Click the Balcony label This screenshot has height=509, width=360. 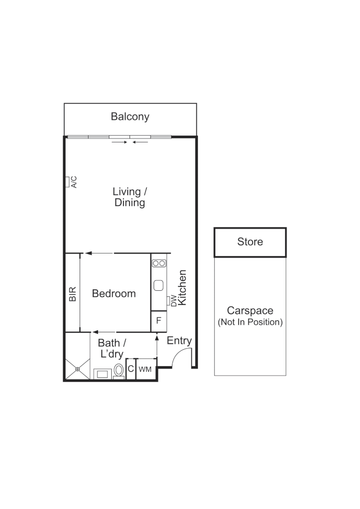pyautogui.click(x=130, y=116)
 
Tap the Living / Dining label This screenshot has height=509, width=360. pyautogui.click(x=130, y=197)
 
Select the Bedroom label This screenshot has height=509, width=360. pyautogui.click(x=114, y=293)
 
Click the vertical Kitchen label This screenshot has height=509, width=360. pyautogui.click(x=182, y=287)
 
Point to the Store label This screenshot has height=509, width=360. pyautogui.click(x=250, y=242)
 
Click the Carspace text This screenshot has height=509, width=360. pyautogui.click(x=250, y=311)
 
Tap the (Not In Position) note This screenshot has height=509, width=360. pyautogui.click(x=250, y=322)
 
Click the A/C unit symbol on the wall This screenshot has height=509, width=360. pyautogui.click(x=67, y=181)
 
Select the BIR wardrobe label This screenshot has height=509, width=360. pyautogui.click(x=73, y=293)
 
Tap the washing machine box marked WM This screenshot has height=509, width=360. pyautogui.click(x=145, y=369)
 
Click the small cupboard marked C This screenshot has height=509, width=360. pyautogui.click(x=131, y=369)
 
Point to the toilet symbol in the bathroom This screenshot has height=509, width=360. pyautogui.click(x=119, y=370)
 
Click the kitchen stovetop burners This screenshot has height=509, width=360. pyautogui.click(x=159, y=263)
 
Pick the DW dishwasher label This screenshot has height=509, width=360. pyautogui.click(x=173, y=300)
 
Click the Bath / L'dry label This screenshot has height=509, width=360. pyautogui.click(x=112, y=349)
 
